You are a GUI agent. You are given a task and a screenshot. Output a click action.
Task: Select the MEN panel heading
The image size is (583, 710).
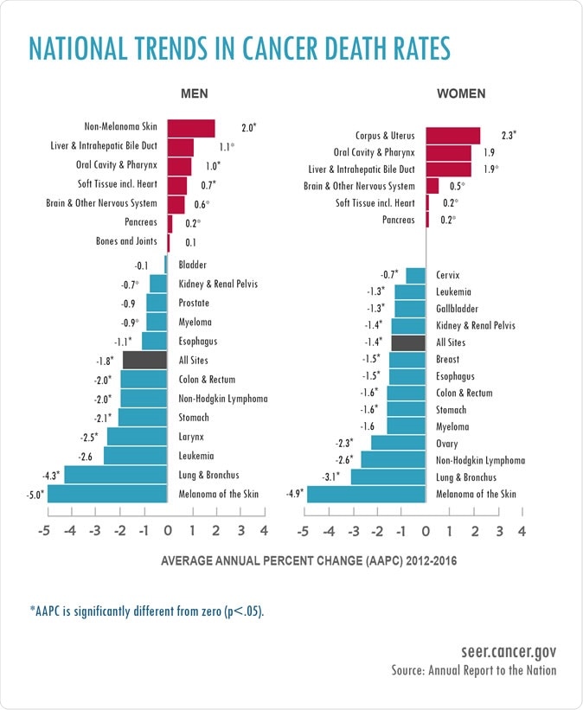tap(194, 93)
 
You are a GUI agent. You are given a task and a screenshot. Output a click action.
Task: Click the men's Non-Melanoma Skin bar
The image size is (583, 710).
tap(190, 128)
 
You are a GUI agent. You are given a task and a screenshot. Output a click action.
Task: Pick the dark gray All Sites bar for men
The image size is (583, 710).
tap(144, 361)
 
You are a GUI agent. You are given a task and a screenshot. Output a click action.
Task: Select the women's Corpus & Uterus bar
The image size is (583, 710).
tap(452, 136)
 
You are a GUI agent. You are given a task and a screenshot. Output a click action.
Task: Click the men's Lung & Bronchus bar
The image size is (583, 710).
tap(115, 475)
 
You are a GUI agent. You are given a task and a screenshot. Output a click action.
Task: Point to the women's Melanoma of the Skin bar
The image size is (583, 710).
tap(367, 494)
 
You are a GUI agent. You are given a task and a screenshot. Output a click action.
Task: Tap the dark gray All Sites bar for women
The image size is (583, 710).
tap(408, 342)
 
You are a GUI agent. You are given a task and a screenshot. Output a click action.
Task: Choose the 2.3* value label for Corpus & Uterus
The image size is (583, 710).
tap(509, 136)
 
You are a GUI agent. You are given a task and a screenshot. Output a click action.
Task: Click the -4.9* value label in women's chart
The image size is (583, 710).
tap(295, 495)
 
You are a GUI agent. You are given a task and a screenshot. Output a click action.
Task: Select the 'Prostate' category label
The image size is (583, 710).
tap(194, 304)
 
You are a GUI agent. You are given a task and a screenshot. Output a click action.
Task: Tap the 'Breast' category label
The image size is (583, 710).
tap(448, 359)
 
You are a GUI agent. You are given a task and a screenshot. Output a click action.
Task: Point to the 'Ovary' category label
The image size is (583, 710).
tap(447, 444)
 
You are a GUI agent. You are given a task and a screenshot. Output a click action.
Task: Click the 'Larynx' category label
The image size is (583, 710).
tap(191, 437)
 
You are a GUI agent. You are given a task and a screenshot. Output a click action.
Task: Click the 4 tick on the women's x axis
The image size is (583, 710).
tap(522, 531)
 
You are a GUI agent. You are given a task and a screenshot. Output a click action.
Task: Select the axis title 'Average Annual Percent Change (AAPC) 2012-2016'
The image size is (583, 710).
tap(309, 560)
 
